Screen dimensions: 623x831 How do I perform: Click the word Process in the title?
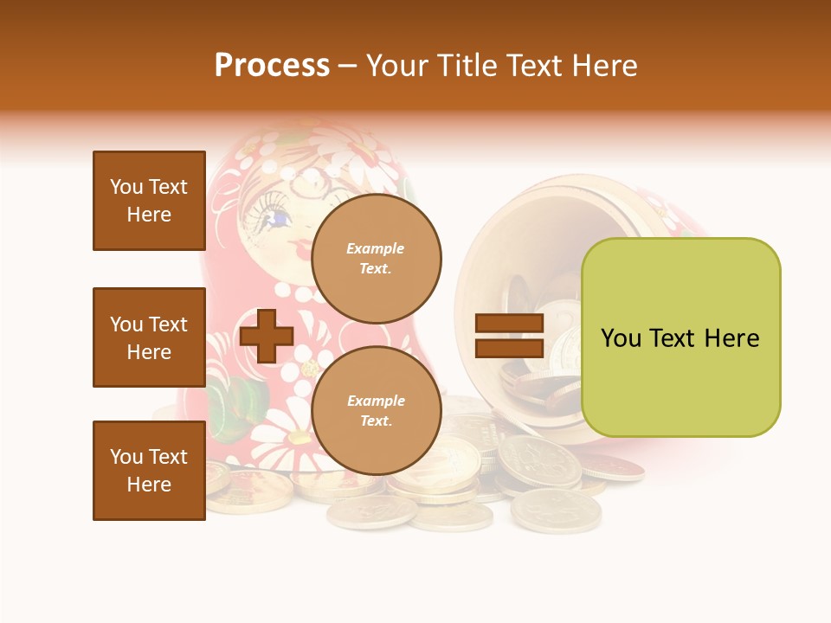272,66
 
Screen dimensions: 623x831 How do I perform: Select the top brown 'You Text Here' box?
149,201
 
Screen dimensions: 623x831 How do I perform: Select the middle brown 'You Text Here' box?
149,337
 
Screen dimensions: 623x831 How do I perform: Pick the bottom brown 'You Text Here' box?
149,470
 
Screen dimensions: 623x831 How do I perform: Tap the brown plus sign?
267,336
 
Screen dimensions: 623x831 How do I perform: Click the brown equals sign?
510,336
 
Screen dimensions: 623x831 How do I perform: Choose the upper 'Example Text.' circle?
376,258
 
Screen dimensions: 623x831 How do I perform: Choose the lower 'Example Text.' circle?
376,410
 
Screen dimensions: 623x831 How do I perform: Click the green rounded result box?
680,337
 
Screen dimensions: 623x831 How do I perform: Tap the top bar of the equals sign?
510,324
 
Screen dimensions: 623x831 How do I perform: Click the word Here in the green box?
731,338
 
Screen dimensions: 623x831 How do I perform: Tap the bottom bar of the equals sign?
510,349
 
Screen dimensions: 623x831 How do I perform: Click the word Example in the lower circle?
376,401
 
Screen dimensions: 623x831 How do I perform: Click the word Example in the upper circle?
376,248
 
